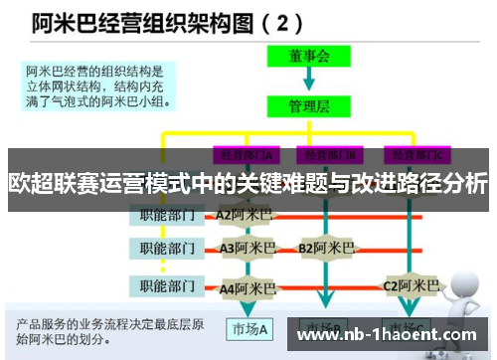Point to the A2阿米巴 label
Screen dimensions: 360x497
click(x=245, y=214)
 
